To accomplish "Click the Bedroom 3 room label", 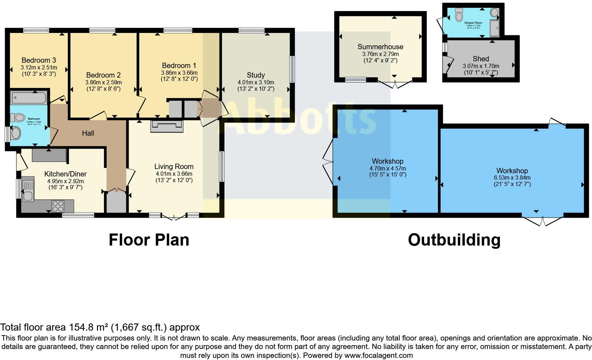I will [x=39, y=60].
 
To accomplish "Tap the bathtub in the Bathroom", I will [x=29, y=97].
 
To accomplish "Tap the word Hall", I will [x=88, y=133].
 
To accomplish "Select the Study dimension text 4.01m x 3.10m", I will [x=256, y=82].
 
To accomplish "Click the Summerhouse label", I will [x=380, y=47].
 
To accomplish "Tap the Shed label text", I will [x=480, y=59].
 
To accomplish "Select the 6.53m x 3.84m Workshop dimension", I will [x=512, y=178].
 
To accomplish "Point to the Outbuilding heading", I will [x=454, y=240].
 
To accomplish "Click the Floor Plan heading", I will [x=149, y=240].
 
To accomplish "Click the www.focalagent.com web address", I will [x=378, y=355].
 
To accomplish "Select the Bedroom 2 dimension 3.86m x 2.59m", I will [x=103, y=82].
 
